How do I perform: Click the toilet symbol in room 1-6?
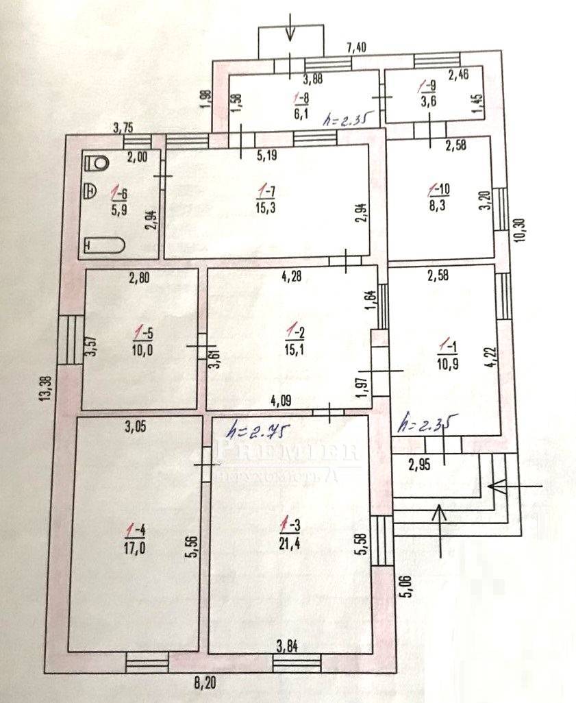pos(99,163)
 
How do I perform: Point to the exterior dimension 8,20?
pos(206,682)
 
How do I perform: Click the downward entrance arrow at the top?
pos(290,27)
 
